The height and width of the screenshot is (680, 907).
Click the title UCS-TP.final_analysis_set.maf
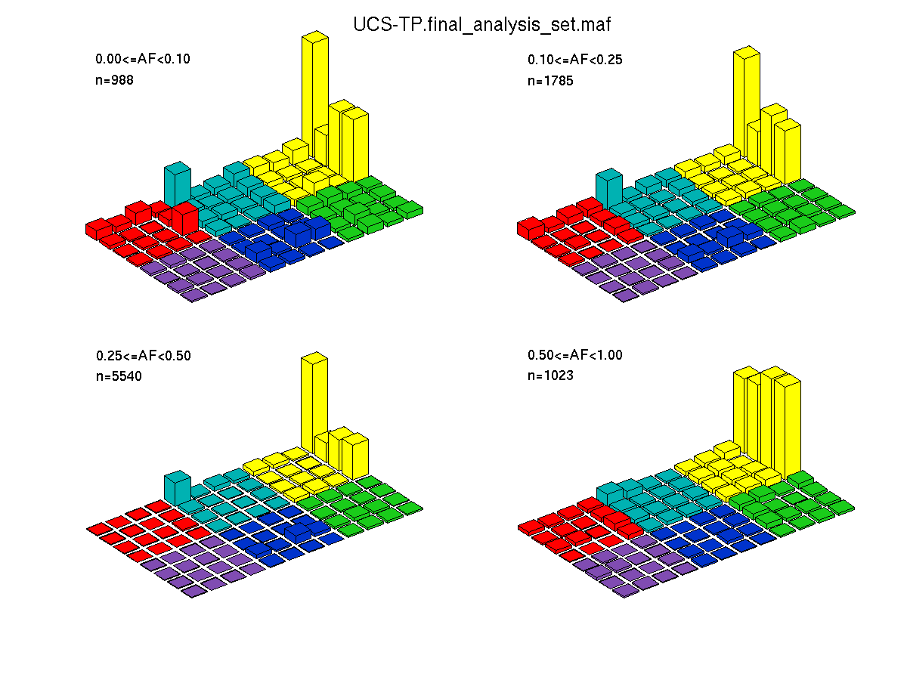481,25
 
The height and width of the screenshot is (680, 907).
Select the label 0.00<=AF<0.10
143,59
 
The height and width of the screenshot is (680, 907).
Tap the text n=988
114,79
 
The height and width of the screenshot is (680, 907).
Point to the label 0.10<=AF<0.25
574,60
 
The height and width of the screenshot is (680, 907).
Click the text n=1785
550,81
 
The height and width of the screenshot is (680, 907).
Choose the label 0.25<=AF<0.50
144,355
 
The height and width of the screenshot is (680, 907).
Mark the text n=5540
119,376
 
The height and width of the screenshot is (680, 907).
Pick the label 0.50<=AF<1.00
574,354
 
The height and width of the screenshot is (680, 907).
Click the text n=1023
550,376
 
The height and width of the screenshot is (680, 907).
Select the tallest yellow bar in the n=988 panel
315,99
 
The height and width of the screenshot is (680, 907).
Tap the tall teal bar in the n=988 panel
178,184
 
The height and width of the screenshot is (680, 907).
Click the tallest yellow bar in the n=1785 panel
746,104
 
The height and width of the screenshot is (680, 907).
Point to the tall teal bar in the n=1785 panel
608,189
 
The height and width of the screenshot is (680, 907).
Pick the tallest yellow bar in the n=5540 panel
314,403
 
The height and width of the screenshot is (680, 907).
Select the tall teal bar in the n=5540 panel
178,488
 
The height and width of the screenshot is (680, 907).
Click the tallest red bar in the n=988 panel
185,219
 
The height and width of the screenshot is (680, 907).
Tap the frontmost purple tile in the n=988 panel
193,295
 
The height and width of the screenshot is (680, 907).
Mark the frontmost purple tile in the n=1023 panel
626,591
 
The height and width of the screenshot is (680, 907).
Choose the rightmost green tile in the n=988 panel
410,209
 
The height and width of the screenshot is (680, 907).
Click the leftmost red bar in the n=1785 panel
531,228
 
